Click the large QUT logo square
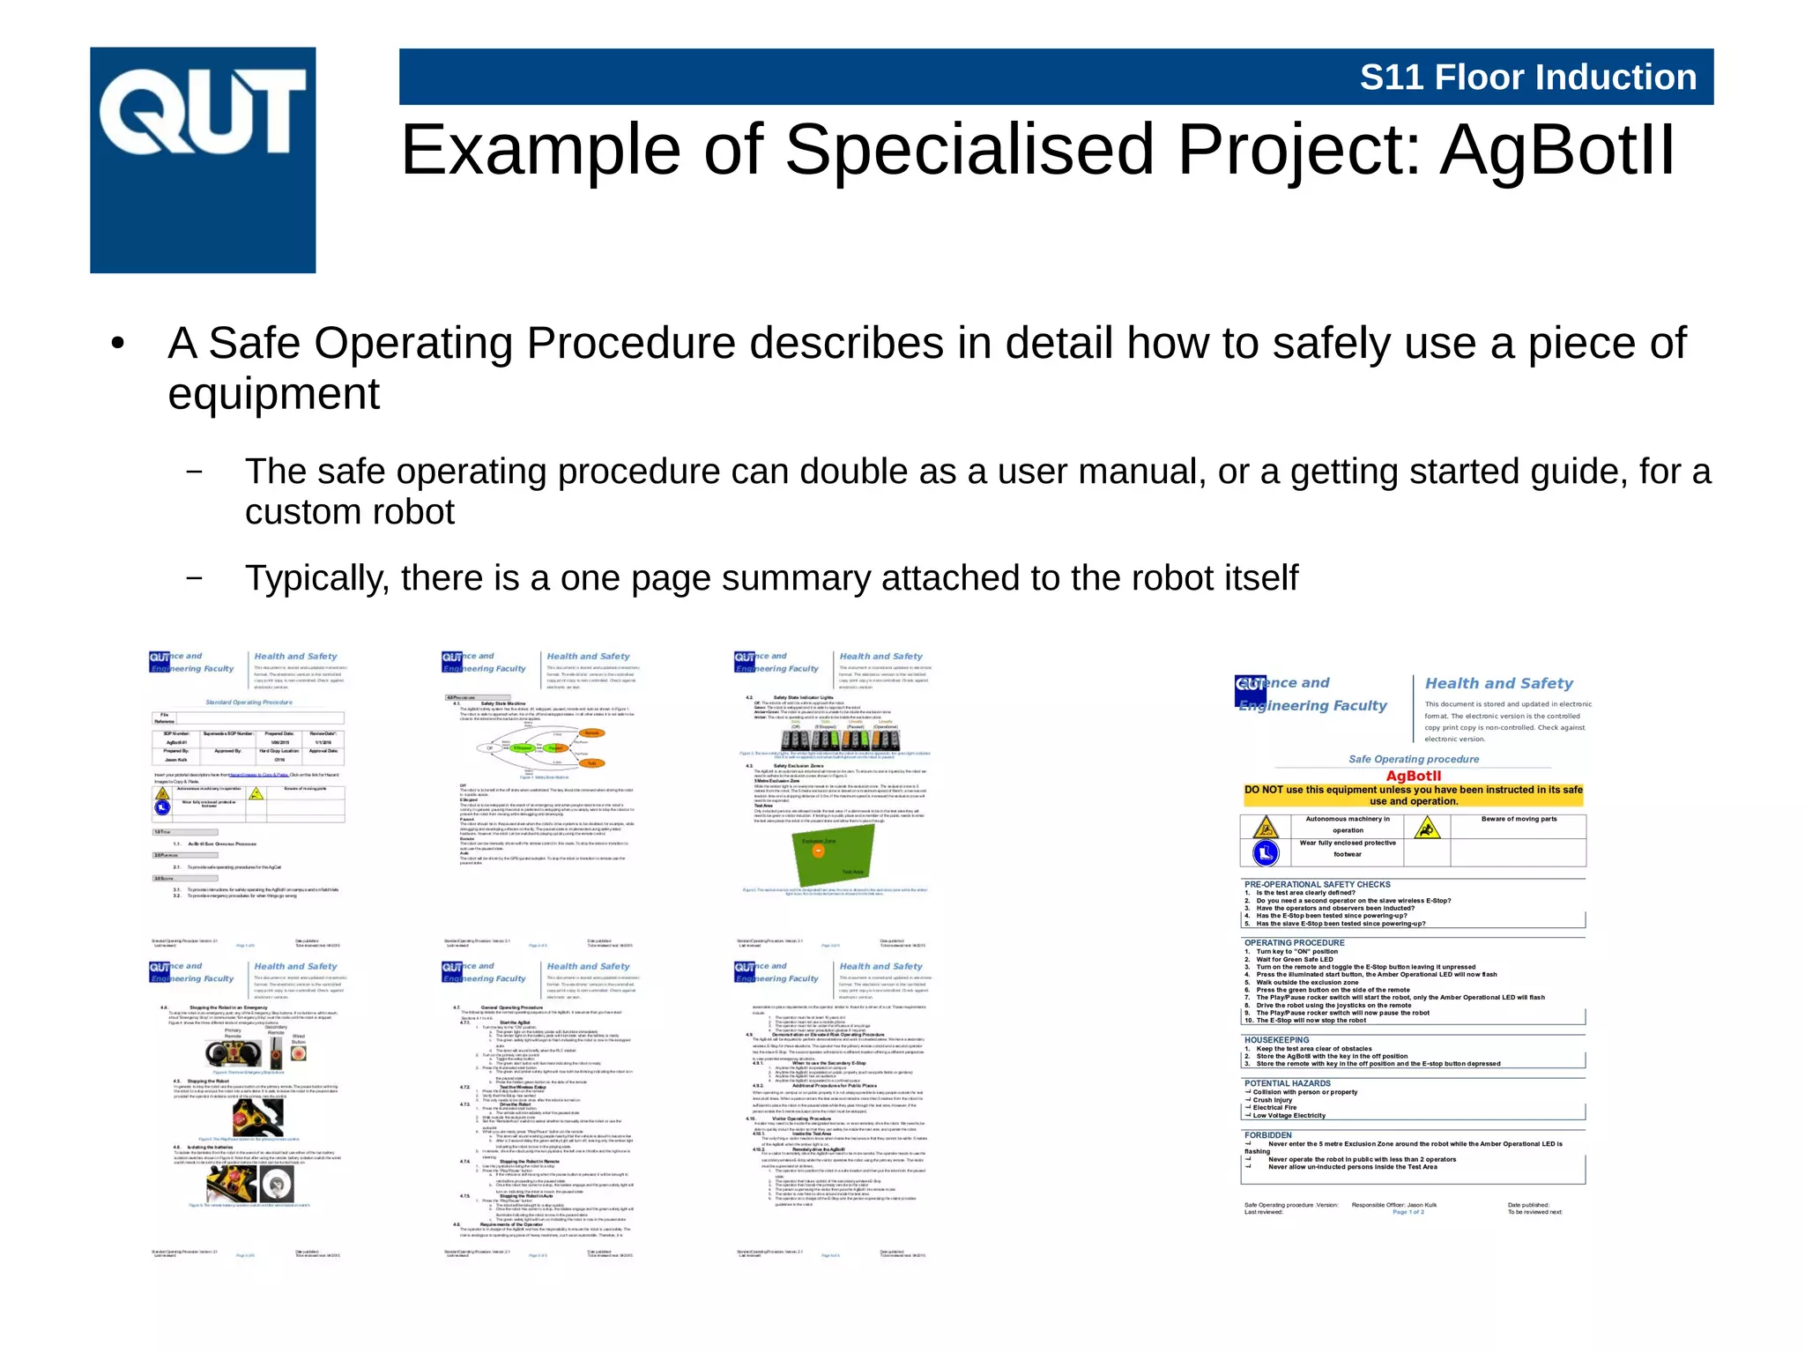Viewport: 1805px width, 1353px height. point(203,160)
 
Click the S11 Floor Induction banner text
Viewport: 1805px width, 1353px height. point(1527,78)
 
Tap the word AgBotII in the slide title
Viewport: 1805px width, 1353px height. point(1556,150)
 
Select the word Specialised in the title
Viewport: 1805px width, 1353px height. point(969,150)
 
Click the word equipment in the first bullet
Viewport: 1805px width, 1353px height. point(273,394)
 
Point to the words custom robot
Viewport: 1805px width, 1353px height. point(349,512)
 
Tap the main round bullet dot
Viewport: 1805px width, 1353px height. point(117,345)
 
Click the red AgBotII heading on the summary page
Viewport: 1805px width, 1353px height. point(1413,776)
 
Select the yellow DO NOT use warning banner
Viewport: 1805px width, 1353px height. point(1413,795)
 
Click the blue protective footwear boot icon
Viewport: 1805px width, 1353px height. point(1265,852)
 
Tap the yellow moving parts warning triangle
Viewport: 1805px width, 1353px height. point(1426,828)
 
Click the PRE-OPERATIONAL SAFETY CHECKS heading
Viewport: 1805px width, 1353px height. point(1317,884)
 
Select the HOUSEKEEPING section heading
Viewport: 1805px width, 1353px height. point(1276,1040)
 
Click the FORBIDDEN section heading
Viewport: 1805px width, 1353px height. point(1267,1135)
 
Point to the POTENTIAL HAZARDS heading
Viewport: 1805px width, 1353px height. point(1287,1083)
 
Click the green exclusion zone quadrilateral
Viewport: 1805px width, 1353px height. point(833,856)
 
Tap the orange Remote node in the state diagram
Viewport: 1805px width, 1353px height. point(591,732)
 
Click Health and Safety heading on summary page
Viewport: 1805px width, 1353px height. point(1498,683)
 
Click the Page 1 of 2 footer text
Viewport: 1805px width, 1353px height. point(1408,1212)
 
